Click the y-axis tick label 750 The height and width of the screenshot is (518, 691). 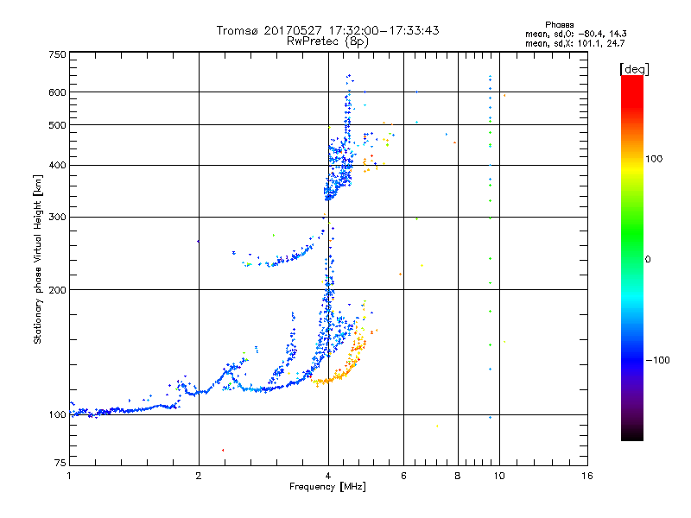click(57, 54)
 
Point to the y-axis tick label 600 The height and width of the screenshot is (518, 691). click(57, 92)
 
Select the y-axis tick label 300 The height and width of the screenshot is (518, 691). click(57, 217)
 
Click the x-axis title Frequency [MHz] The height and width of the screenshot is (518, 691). click(328, 488)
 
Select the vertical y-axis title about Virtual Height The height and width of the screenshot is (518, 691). click(38, 259)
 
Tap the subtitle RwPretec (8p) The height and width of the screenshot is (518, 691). click(328, 41)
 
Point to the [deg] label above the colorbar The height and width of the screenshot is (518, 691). click(635, 69)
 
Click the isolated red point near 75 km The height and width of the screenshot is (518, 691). click(223, 450)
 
